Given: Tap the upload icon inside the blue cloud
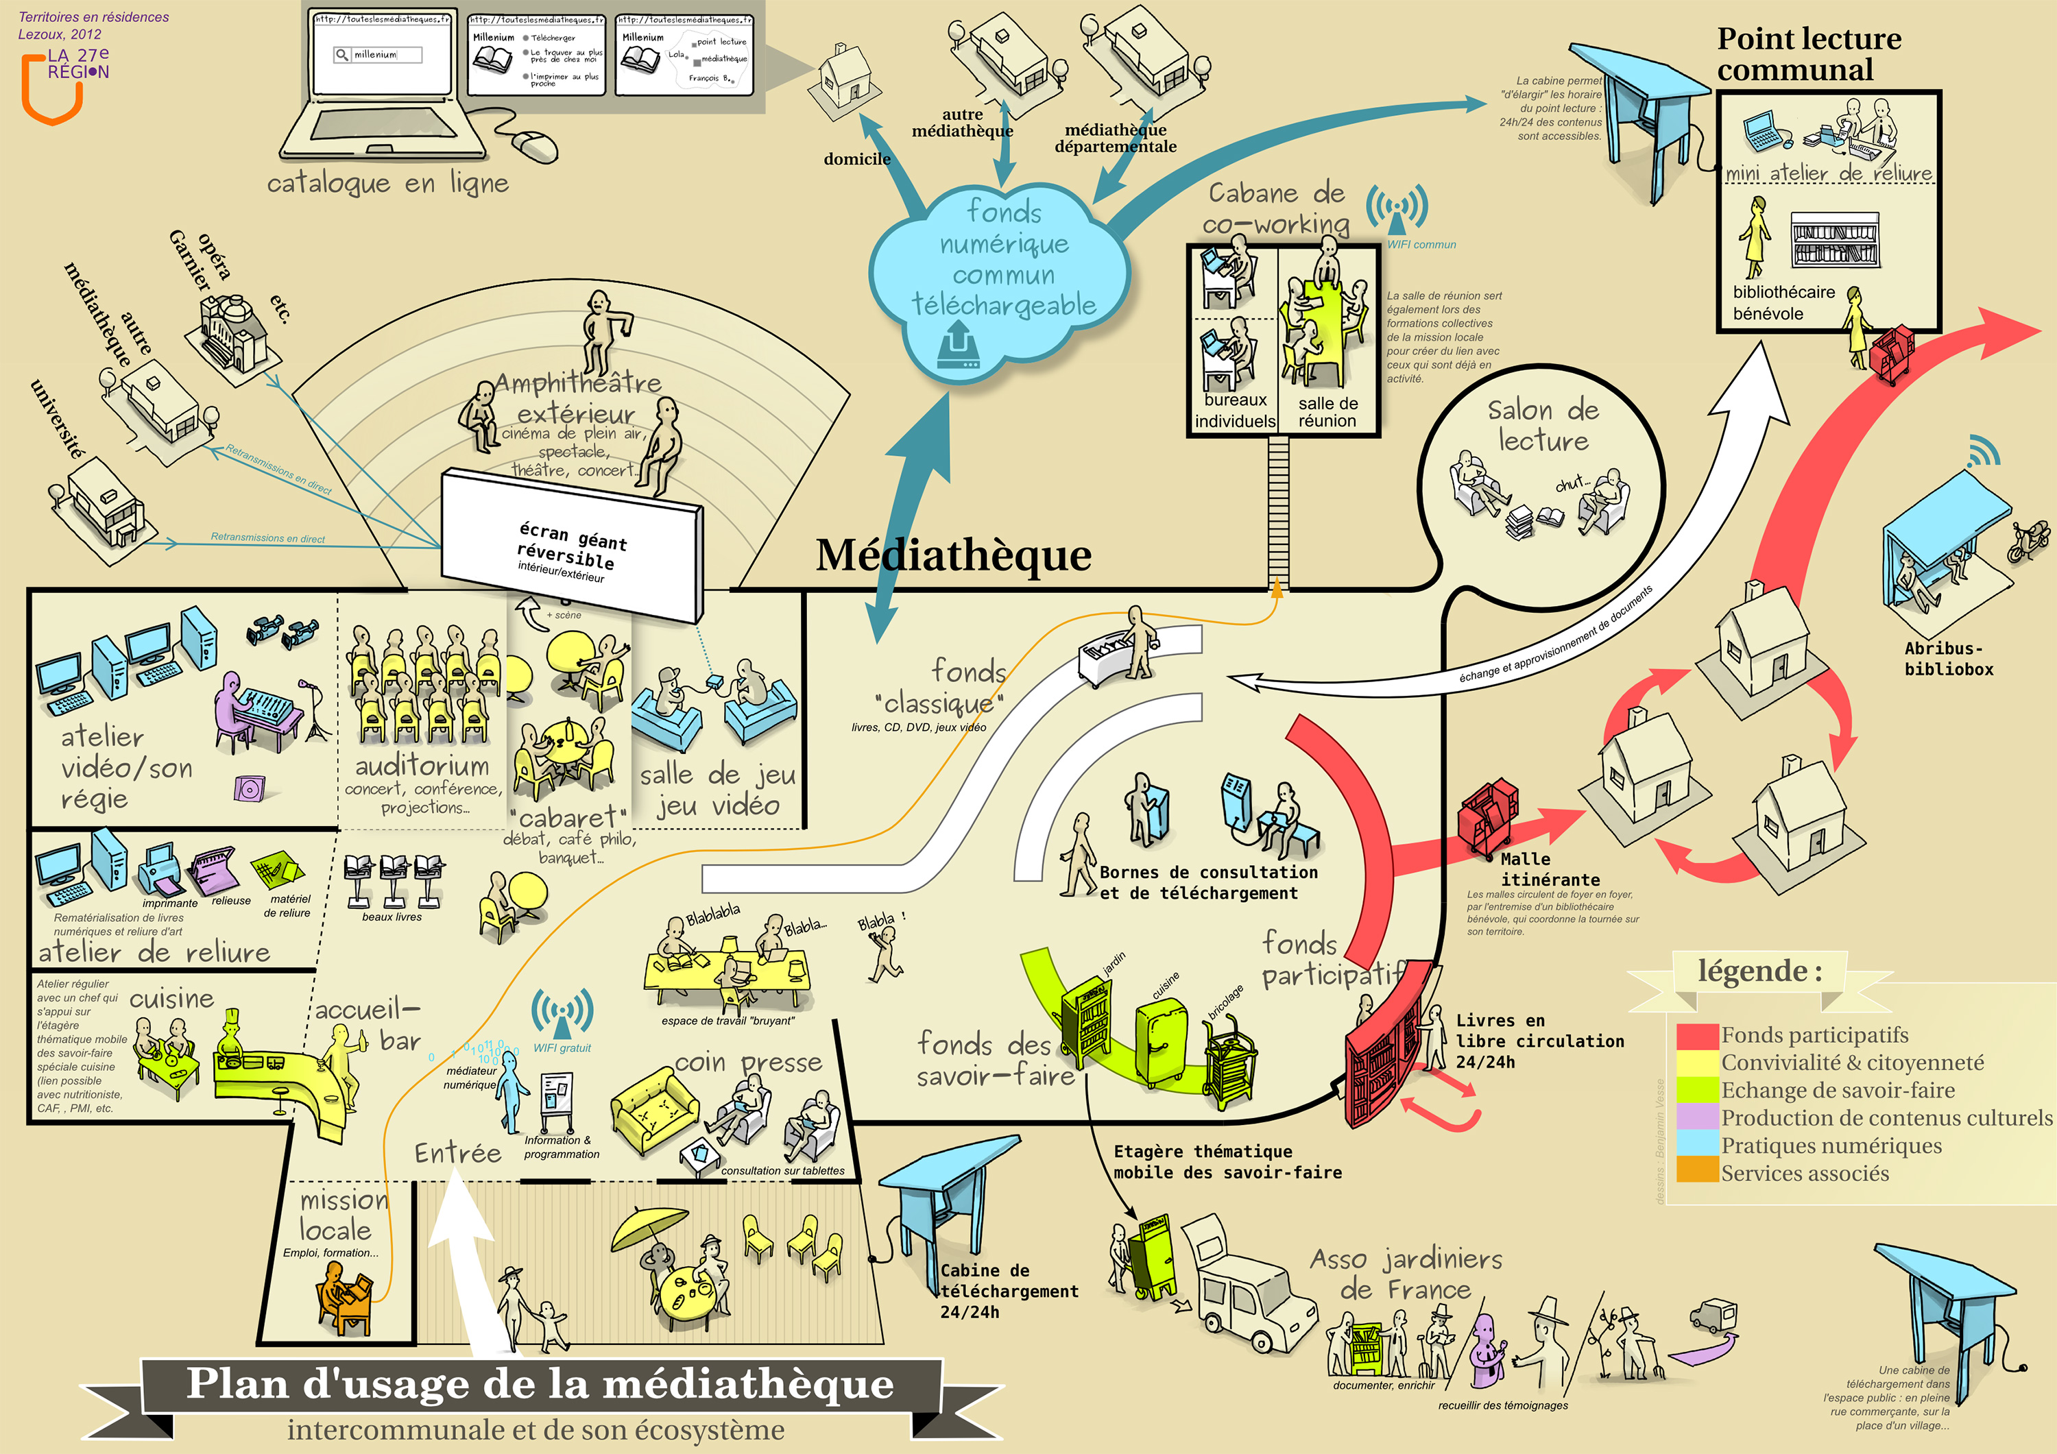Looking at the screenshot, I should click(x=958, y=347).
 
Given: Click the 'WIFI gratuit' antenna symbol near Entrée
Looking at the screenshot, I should click(x=562, y=1013).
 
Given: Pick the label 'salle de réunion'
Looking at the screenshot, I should click(x=1327, y=412).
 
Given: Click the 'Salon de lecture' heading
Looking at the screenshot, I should click(x=1543, y=426).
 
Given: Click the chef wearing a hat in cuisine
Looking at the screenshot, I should click(x=232, y=1030).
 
